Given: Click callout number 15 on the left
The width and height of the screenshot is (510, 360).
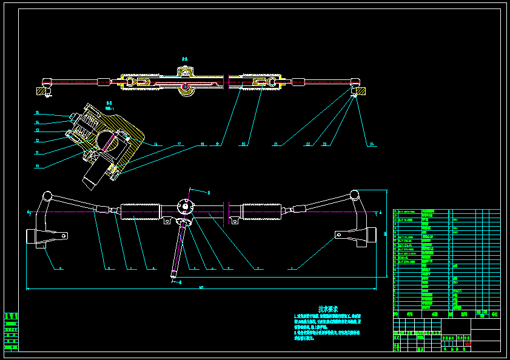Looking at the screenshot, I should (36, 113).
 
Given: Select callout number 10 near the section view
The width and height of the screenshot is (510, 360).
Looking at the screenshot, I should (36, 165).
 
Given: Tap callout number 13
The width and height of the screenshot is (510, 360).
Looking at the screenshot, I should (36, 130).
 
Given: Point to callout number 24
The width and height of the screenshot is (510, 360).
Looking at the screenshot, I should (371, 144).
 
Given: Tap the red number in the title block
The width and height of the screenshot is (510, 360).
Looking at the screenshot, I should (468, 344).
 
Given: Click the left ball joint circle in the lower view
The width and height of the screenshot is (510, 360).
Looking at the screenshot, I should (46, 196).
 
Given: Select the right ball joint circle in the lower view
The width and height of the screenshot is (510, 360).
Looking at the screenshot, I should (355, 195).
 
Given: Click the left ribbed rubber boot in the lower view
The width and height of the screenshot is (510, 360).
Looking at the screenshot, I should (140, 211).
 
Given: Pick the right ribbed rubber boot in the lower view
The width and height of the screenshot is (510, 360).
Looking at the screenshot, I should (263, 211).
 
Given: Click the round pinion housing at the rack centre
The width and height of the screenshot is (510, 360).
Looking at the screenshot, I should (184, 207).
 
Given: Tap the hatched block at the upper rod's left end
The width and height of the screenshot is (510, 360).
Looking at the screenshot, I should (42, 91).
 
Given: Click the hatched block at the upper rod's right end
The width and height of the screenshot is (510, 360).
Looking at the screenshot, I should (360, 90).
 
